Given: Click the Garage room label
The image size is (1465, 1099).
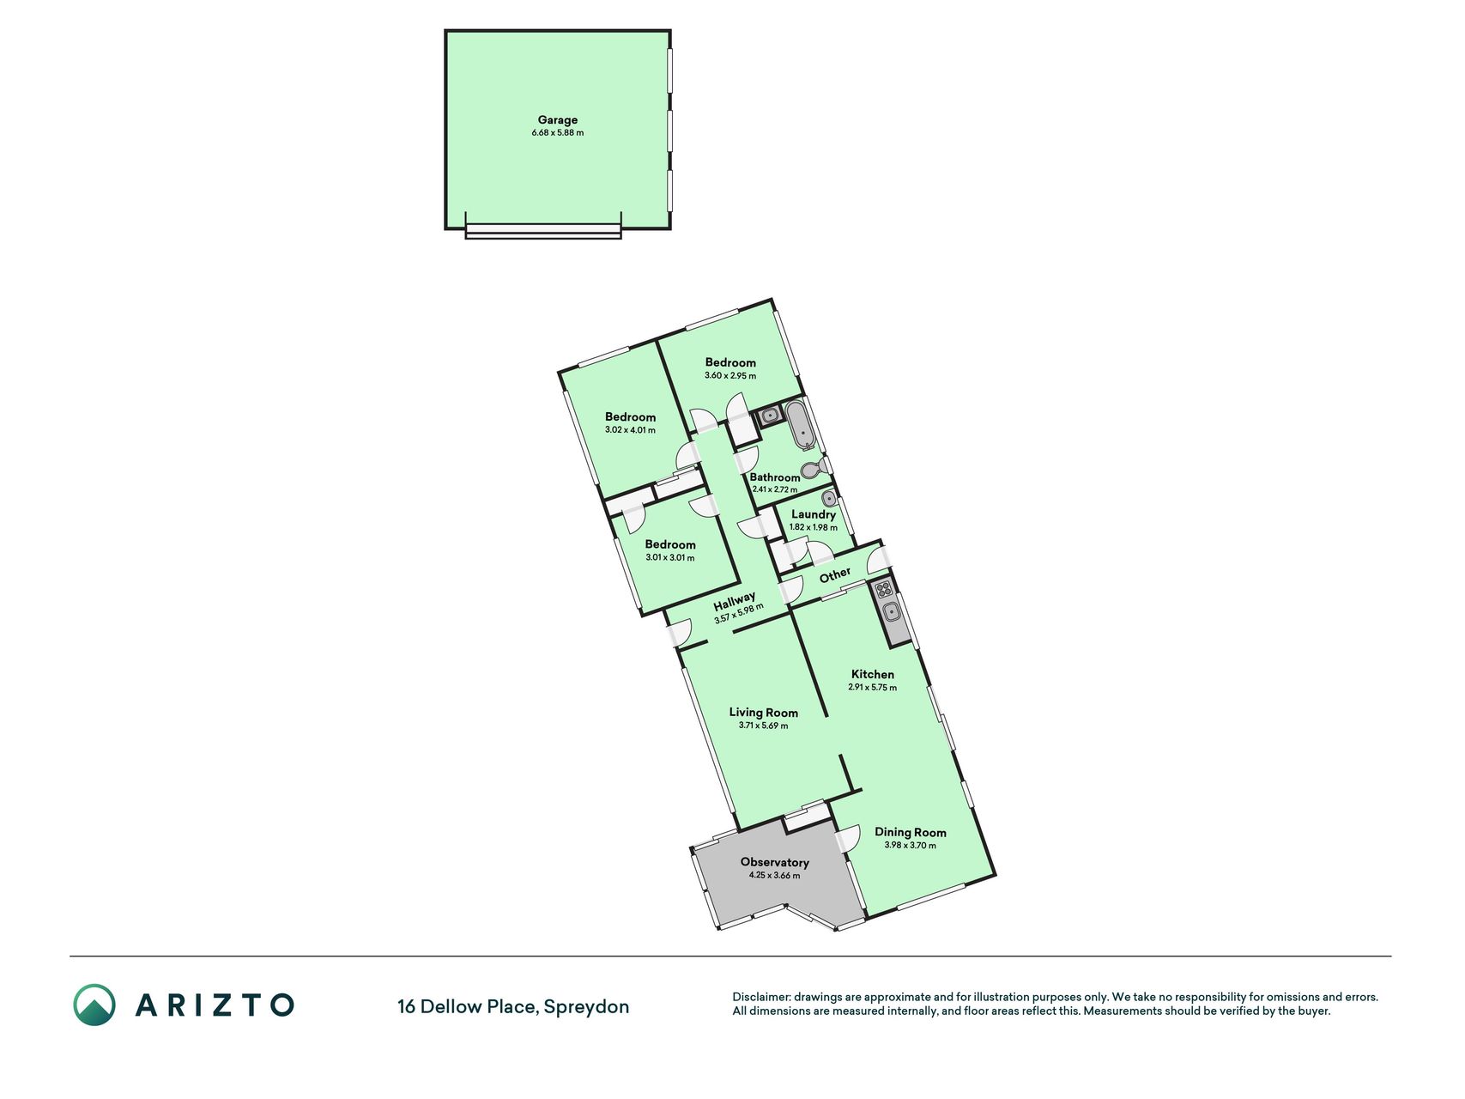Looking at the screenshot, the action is pyautogui.click(x=558, y=120).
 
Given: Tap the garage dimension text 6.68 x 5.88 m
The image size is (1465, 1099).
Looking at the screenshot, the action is pyautogui.click(x=558, y=133).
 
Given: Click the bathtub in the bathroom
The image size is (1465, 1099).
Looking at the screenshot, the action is pyautogui.click(x=801, y=425).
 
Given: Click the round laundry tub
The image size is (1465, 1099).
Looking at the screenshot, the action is pyautogui.click(x=829, y=499).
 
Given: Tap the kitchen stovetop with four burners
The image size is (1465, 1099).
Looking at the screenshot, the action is pyautogui.click(x=884, y=590).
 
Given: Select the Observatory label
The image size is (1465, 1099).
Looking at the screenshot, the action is pyautogui.click(x=775, y=862).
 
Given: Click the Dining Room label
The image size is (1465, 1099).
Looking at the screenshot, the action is pyautogui.click(x=911, y=832).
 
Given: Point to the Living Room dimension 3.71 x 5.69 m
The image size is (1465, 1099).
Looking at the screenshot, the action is pyautogui.click(x=763, y=726).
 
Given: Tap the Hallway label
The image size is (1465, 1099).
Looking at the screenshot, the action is pyautogui.click(x=735, y=598).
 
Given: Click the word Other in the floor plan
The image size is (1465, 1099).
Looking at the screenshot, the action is pyautogui.click(x=835, y=574).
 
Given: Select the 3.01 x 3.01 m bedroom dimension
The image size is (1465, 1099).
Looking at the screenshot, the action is pyautogui.click(x=670, y=557).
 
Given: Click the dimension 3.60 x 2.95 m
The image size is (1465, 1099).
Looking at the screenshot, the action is pyautogui.click(x=730, y=375).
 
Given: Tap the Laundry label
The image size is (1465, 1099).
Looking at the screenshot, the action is pyautogui.click(x=814, y=515).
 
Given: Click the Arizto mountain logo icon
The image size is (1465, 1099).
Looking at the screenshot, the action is pyautogui.click(x=94, y=1005).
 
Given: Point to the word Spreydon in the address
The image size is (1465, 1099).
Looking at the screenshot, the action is pyautogui.click(x=587, y=1007).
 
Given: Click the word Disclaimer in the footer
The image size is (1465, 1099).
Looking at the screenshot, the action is pyautogui.click(x=760, y=998).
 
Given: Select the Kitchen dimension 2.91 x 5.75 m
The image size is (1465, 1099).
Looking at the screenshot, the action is pyautogui.click(x=873, y=688).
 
